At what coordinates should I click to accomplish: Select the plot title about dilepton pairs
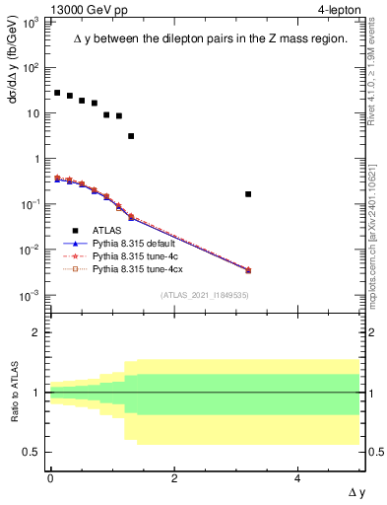click(x=210, y=39)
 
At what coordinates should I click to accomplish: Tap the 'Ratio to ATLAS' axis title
click(x=13, y=392)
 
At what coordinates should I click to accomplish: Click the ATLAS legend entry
click(x=108, y=231)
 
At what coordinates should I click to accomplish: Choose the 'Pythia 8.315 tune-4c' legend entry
click(x=135, y=254)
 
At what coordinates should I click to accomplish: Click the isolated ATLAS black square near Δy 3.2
click(x=248, y=194)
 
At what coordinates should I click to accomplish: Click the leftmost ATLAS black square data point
click(x=57, y=93)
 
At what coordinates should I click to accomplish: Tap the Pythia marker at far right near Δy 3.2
click(x=248, y=269)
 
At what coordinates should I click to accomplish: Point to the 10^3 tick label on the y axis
click(x=32, y=22)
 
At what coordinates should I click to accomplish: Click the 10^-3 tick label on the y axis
click(x=32, y=295)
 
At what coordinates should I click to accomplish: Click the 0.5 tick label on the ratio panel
click(x=33, y=452)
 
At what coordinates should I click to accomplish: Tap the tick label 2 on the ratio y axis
click(x=37, y=332)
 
